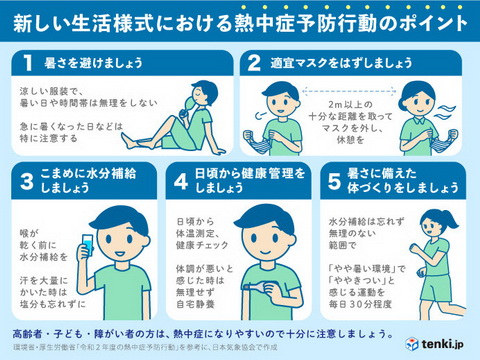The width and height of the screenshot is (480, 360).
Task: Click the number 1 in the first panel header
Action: coord(30,61)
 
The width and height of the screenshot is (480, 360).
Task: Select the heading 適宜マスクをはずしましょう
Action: coord(345,61)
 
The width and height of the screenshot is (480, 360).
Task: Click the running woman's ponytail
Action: coord(427,222)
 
